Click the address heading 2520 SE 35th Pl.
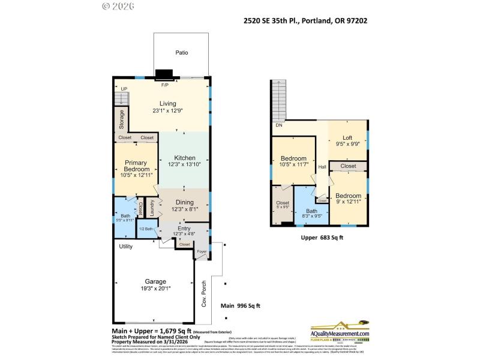coord(305,20)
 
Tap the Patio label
coord(181,53)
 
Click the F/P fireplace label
coord(164,85)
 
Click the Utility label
coord(125,246)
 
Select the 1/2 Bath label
coord(145,229)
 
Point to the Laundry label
coord(152,208)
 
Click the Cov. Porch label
coord(203,293)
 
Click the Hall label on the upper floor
coord(322,167)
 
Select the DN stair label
coord(279,125)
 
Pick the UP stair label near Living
coord(124,89)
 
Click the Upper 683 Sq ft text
coord(322,238)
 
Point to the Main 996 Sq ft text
coord(241,305)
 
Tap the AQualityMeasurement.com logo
coord(340,334)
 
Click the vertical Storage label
coord(121,119)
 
